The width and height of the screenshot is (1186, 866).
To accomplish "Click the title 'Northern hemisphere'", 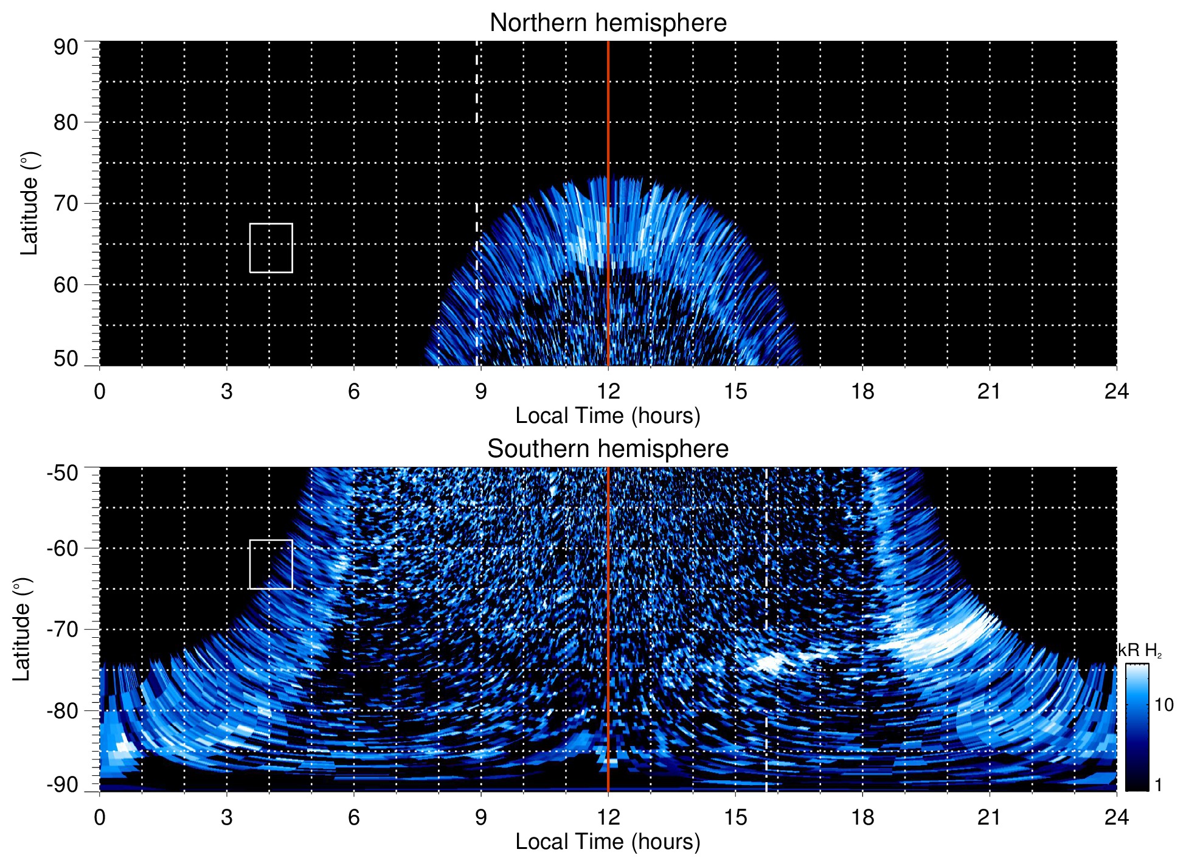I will click(608, 23).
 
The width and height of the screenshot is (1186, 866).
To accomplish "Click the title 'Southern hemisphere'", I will click(608, 449).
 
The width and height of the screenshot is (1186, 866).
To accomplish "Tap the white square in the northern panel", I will click(271, 248).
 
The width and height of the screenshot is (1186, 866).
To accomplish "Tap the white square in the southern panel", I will click(271, 564).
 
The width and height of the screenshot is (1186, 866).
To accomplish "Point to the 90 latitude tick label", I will click(66, 47).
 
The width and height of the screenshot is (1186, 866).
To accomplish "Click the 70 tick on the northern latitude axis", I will click(66, 203).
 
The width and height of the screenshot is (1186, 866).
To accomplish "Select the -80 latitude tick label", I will click(63, 711).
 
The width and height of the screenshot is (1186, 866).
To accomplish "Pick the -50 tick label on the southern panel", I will click(63, 473).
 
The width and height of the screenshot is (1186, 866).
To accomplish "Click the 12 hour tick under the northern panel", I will click(608, 391).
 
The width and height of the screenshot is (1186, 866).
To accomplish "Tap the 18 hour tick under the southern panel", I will click(862, 817).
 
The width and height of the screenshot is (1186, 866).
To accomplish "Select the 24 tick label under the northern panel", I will click(1116, 391).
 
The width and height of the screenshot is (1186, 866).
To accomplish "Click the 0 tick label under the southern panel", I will click(100, 817).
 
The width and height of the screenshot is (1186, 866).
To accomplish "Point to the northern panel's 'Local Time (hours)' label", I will click(608, 416).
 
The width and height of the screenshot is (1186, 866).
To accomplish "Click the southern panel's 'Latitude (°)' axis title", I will click(21, 629).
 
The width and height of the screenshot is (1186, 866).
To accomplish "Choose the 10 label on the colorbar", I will click(1163, 705).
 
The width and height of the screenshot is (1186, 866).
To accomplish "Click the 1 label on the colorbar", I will click(1158, 785).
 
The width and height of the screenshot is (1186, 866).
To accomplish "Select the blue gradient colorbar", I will click(1137, 727).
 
